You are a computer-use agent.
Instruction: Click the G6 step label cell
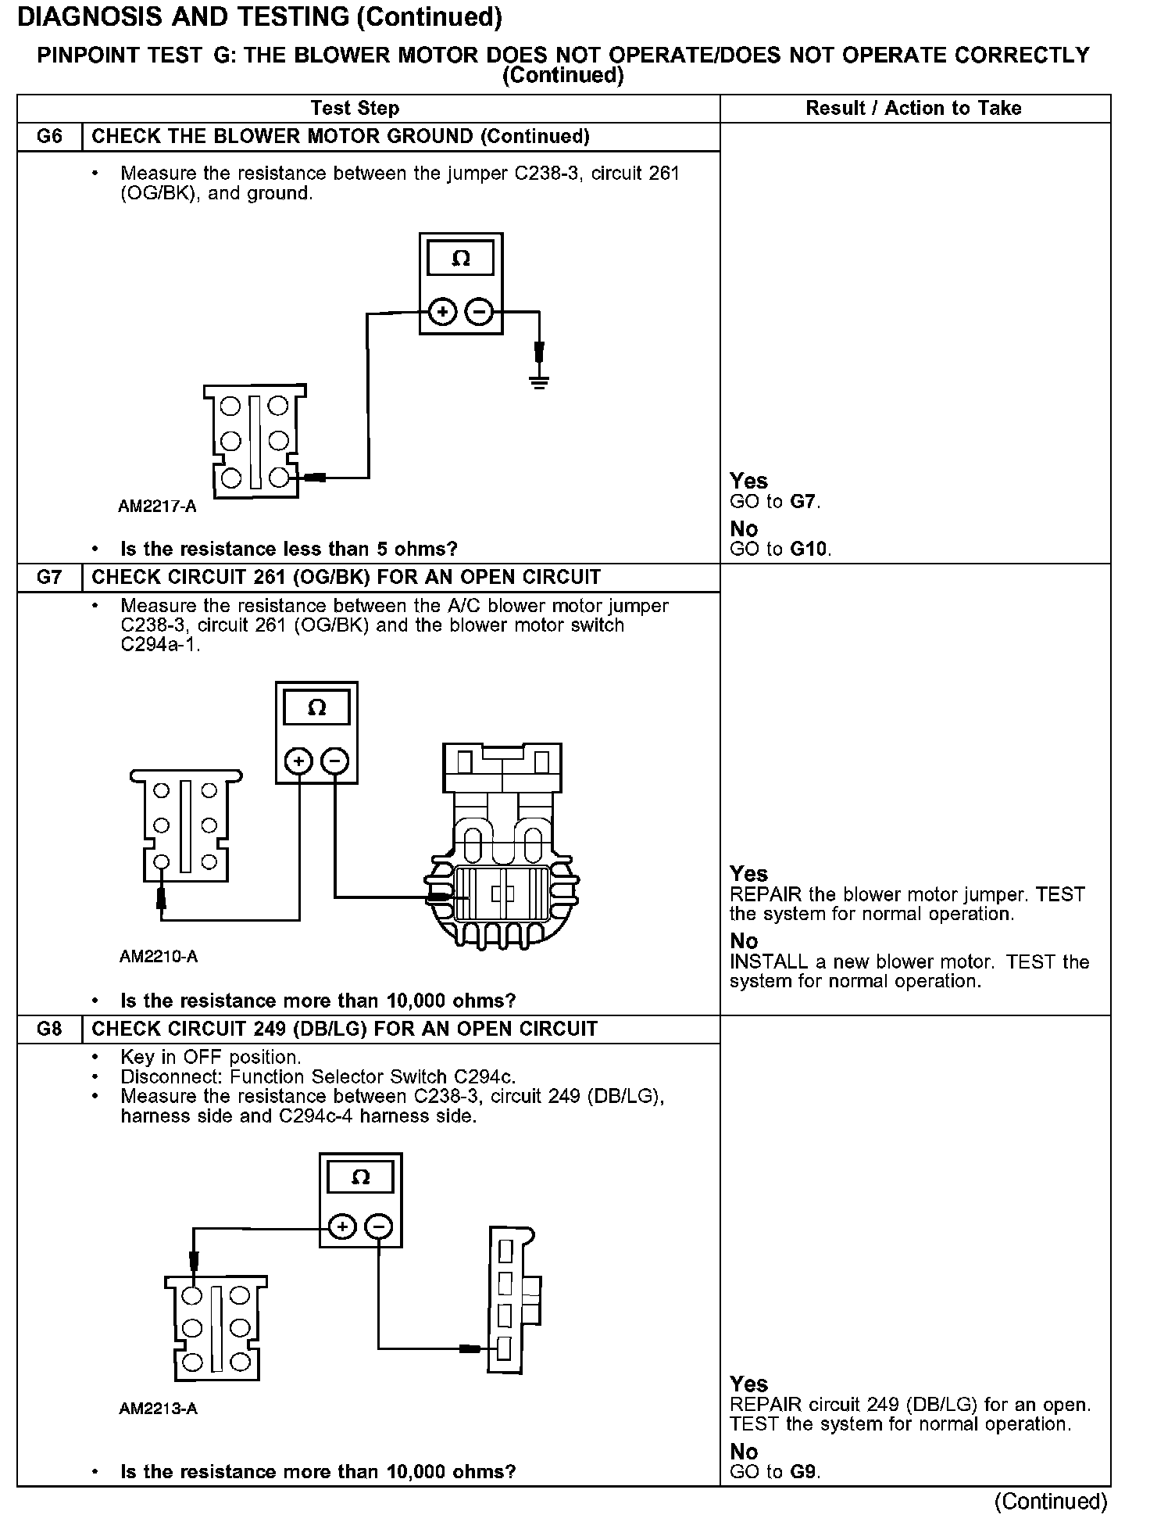coord(49,137)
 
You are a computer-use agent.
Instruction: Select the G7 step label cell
coord(49,578)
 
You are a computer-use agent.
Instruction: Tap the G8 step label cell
coord(49,1029)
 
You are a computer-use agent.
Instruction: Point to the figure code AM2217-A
coord(157,507)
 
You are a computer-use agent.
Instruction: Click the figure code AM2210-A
coord(159,957)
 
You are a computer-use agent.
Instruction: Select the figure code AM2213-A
coord(158,1408)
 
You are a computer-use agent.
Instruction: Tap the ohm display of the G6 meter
coord(461,259)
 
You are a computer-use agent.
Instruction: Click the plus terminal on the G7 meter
coord(298,761)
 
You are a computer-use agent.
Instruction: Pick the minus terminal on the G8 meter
coord(379,1227)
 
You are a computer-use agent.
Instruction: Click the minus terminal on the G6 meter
coord(479,313)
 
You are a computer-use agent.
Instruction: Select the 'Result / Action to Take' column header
coord(913,109)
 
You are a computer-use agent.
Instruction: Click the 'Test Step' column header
coord(355,109)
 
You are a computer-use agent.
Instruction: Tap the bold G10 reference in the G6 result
coord(809,549)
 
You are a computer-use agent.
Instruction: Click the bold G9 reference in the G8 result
coord(805,1472)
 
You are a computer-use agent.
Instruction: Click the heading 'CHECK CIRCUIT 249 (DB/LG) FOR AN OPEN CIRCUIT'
coord(345,1029)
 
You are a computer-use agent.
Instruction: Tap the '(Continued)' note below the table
coord(1051,1501)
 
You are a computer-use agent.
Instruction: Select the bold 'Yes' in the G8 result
coord(748,1384)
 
